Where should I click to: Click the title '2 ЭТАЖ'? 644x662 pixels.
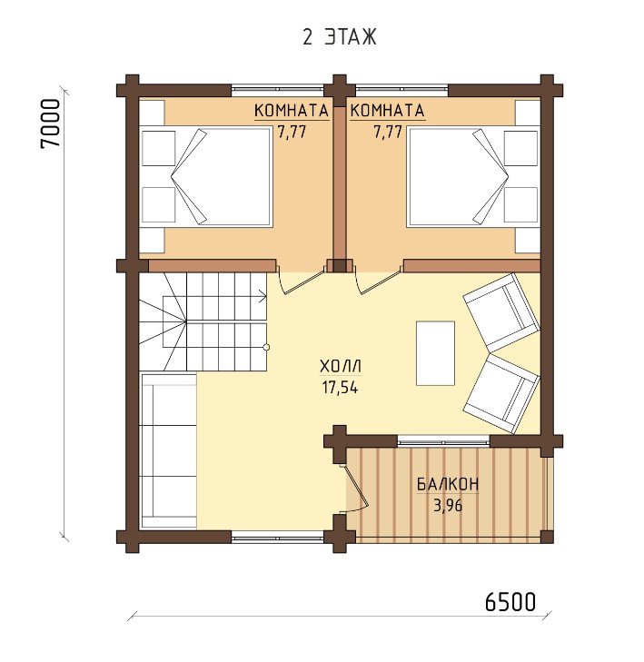tap(339, 37)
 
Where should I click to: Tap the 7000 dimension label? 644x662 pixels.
tap(51, 124)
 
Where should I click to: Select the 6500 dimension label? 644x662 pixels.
tap(510, 602)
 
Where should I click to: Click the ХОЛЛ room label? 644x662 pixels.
tap(341, 366)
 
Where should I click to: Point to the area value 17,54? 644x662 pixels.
tap(341, 387)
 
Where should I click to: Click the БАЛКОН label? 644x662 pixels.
tap(448, 484)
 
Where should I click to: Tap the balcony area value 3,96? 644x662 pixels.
tap(448, 505)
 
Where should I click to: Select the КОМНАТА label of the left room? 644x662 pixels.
tap(292, 111)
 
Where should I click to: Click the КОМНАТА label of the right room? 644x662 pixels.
tap(387, 111)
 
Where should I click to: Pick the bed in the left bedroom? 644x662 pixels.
tap(221, 176)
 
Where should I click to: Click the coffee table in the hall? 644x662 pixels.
tap(435, 353)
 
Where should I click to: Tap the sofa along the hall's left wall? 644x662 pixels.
tap(169, 450)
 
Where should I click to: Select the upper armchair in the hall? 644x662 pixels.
tap(500, 312)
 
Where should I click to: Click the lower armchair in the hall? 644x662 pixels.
tap(501, 393)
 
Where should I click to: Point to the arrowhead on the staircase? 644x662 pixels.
tap(263, 296)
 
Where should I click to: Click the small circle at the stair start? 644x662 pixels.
tap(266, 348)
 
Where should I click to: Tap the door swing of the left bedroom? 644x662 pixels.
tap(301, 279)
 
